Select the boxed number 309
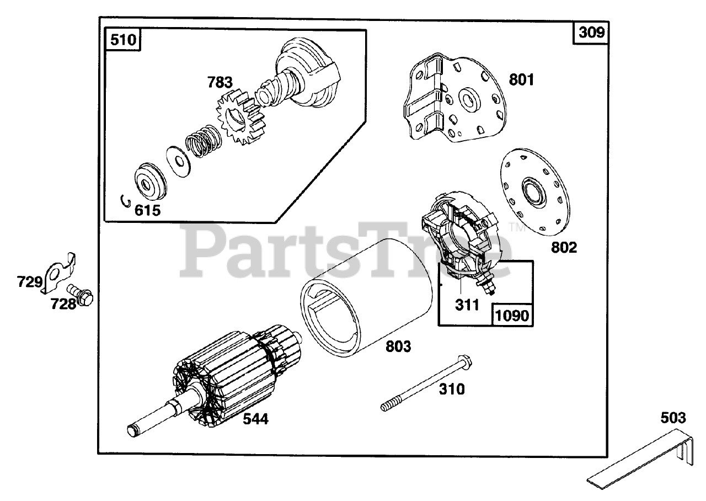coord(592,33)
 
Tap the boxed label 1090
coord(512,315)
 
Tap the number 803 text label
coord(398,347)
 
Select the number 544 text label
coord(255,419)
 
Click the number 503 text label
coord(673,418)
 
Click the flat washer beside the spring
coord(176,162)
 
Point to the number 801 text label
coord(521,80)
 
